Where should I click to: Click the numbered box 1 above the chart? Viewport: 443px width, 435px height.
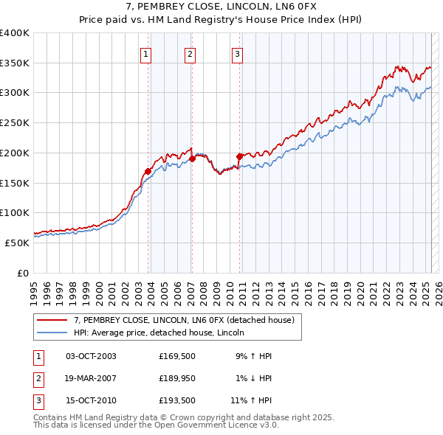click(145, 53)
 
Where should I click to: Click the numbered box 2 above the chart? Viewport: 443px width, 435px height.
click(190, 53)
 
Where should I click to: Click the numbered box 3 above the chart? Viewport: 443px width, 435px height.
click(237, 53)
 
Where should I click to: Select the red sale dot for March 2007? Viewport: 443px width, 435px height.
click(192, 159)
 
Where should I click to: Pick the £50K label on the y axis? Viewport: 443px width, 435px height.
click(17, 243)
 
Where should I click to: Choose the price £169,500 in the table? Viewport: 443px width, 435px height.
click(176, 356)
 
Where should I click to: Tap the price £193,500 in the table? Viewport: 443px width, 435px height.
click(176, 401)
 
